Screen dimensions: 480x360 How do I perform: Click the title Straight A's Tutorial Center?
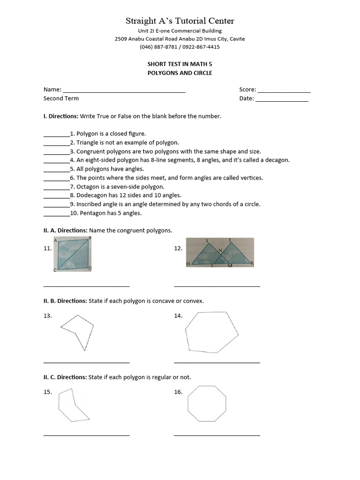(x=180, y=21)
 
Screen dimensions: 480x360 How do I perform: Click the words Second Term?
(x=61, y=98)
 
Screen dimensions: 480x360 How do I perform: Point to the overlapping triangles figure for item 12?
(x=219, y=254)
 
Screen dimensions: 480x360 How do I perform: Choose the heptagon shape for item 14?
(x=211, y=332)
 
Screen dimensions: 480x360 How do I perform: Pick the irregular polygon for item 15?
(x=71, y=405)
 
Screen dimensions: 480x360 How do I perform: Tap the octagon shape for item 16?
(x=207, y=404)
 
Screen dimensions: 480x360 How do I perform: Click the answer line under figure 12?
(x=217, y=285)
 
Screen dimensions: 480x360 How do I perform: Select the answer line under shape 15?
(x=86, y=435)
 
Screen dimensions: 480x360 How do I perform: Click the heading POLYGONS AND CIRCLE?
(x=180, y=73)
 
